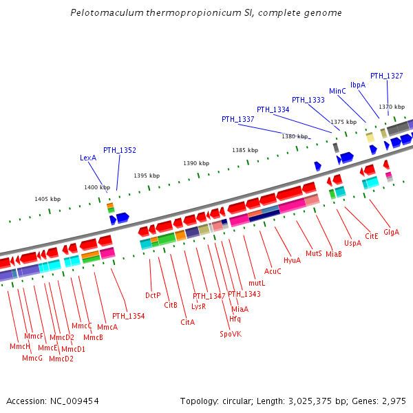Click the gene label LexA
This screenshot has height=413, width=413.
point(88,158)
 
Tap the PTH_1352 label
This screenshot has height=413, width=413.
point(120,150)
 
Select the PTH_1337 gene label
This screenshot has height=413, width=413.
point(238,119)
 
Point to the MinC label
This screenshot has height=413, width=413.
point(337,91)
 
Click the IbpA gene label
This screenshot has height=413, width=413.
point(358,85)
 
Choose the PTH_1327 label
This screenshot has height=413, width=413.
point(387,76)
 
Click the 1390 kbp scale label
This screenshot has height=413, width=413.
point(196,163)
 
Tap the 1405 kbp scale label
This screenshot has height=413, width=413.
point(47,199)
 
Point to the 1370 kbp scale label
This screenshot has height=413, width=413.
point(392,107)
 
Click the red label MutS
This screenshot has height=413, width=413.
point(314,253)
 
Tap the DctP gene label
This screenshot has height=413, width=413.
point(153,295)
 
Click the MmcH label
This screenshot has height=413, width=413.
point(19,346)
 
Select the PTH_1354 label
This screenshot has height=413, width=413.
point(129,316)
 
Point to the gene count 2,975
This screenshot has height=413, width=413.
point(394,401)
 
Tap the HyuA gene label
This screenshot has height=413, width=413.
point(292,260)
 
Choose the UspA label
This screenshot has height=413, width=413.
point(353,243)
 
